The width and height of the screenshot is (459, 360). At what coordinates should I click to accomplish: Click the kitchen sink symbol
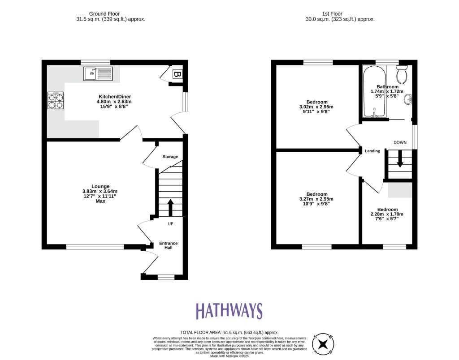98,73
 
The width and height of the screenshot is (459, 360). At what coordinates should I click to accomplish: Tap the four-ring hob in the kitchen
56,100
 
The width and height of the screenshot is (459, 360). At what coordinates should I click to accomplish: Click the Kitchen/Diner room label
115,96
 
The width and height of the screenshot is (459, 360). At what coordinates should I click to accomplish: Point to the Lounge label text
100,186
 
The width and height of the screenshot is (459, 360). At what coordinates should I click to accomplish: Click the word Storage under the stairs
170,157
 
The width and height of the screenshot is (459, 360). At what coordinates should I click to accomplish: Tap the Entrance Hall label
169,245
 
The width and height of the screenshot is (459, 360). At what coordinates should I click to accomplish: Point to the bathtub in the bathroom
373,92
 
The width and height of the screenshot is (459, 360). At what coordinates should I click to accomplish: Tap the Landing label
372,151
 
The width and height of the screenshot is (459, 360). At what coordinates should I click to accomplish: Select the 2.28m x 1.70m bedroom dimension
387,214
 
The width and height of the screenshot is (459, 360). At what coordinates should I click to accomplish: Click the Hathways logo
229,311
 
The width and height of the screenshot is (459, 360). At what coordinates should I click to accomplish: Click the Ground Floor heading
111,14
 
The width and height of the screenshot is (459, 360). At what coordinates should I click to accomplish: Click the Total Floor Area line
229,332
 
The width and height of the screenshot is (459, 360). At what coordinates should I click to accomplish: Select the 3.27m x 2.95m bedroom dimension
316,199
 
